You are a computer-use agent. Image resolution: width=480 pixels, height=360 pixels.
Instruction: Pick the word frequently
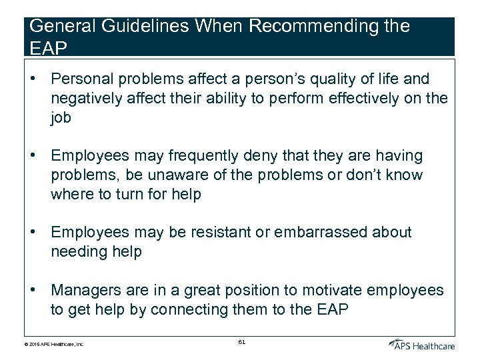201,156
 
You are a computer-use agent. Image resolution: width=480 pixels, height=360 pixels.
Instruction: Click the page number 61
241,342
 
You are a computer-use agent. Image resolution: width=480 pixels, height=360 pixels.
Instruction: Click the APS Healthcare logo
423,344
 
